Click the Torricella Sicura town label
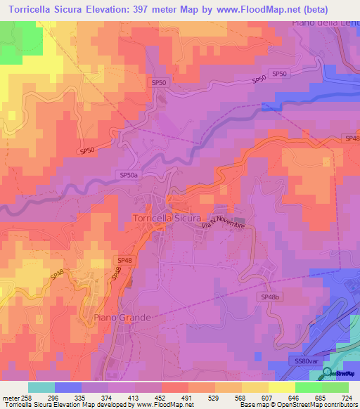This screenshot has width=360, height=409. click(167, 219)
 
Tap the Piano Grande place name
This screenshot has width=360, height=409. click(122, 318)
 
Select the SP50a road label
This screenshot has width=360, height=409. click(129, 174)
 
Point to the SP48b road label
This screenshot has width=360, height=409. click(271, 298)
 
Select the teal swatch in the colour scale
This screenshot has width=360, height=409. click(41, 387)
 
